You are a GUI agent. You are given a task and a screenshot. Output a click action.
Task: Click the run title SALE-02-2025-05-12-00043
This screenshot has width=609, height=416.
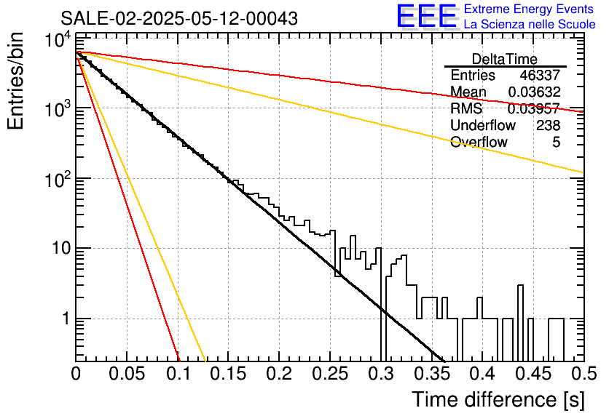[179, 18]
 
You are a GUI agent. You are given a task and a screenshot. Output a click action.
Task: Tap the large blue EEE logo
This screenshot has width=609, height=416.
[427, 16]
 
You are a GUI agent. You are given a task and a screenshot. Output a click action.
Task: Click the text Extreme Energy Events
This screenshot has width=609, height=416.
[529, 9]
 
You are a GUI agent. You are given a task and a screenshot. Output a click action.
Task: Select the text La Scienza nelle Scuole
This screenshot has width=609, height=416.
[530, 25]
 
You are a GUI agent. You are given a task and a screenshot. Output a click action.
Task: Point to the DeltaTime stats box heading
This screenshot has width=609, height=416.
[505, 59]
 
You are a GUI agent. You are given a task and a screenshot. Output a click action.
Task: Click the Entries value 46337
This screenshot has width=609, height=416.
[540, 75]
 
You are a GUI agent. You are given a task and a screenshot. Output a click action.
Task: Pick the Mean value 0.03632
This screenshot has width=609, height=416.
[534, 92]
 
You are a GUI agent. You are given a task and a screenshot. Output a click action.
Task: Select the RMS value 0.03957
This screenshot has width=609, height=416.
[534, 108]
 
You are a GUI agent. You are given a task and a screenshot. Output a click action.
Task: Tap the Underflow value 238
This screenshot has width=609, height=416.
[548, 125]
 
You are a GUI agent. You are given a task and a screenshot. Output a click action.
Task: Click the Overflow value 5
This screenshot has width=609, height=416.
[556, 143]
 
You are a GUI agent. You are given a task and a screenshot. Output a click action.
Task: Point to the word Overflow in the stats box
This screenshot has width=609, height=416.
[479, 143]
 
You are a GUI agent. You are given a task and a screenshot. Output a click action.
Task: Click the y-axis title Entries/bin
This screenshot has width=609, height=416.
[15, 81]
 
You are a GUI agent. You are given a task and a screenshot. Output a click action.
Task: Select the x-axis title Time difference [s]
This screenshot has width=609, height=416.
[498, 400]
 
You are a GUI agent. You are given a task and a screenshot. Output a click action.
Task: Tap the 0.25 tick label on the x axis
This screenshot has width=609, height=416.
[330, 374]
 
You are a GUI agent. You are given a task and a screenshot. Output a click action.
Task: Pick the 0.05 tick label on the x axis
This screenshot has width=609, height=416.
[127, 374]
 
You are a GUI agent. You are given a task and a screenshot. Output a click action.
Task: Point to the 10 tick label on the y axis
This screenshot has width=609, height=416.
[62, 248]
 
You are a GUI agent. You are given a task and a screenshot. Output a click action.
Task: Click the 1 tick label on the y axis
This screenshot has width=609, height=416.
[66, 319]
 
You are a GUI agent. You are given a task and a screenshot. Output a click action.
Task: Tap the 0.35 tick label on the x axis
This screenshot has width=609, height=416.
[431, 374]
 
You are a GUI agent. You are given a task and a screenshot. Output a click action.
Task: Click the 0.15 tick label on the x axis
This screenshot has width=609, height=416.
[229, 374]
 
